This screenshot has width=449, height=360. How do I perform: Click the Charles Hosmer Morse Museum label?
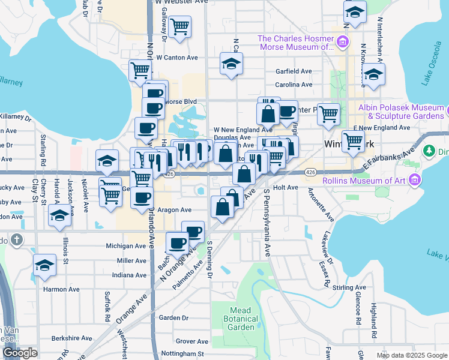295,42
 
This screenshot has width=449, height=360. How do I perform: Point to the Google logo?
20,353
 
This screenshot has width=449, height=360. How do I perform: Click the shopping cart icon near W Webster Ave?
179,27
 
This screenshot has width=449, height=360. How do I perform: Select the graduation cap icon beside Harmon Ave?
44,265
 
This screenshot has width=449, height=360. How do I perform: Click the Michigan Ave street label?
126,246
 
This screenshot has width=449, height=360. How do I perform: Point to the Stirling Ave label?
349,288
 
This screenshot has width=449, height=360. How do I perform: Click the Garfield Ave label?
294,71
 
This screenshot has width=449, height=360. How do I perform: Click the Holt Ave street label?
286,187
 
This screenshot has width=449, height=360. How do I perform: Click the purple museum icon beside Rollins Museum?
414,179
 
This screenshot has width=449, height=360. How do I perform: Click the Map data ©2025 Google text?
412,355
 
